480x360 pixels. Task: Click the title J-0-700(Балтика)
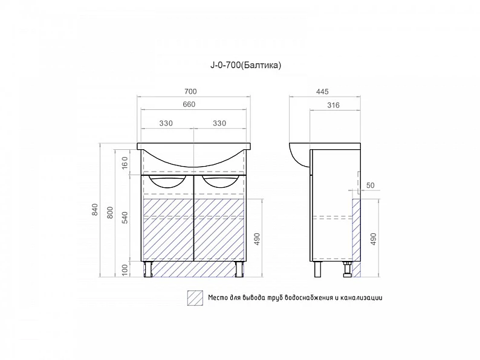245,65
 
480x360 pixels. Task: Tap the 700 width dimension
190,91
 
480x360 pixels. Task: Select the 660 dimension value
189,104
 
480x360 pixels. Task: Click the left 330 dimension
166,123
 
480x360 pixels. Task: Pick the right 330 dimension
219,123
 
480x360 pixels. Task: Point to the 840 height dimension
95,210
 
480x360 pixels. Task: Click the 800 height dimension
110,213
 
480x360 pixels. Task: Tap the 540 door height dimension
125,217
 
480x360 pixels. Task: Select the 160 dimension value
125,163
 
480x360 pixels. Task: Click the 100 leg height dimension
125,270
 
